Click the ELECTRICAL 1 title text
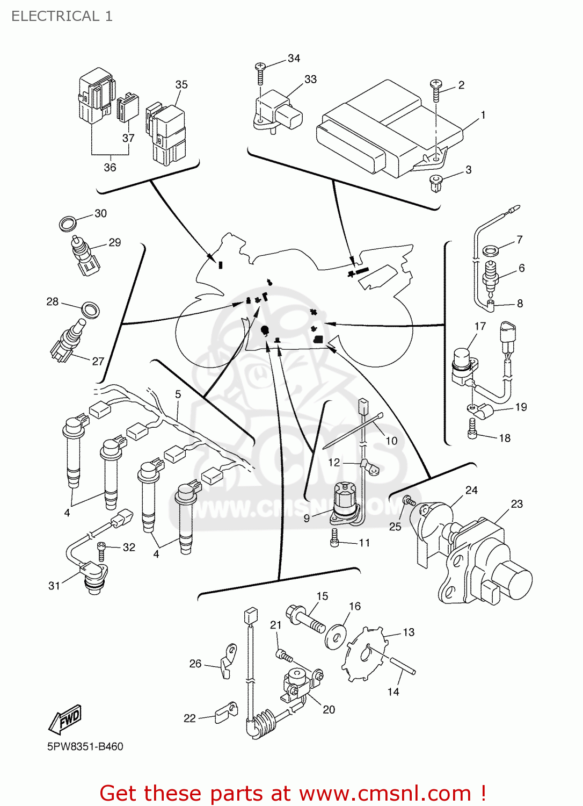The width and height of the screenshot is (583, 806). (x=62, y=16)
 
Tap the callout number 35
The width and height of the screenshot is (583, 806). (x=181, y=85)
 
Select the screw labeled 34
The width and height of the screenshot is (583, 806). (x=260, y=73)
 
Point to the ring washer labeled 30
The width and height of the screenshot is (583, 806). (x=67, y=223)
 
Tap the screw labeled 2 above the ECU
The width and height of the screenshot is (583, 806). (x=436, y=90)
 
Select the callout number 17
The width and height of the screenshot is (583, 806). (x=480, y=326)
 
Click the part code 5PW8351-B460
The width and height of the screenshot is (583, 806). (x=85, y=746)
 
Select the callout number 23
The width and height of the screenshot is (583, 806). (x=516, y=504)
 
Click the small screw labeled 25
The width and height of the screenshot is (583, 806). (x=410, y=501)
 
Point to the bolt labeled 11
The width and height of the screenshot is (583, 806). (x=335, y=538)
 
